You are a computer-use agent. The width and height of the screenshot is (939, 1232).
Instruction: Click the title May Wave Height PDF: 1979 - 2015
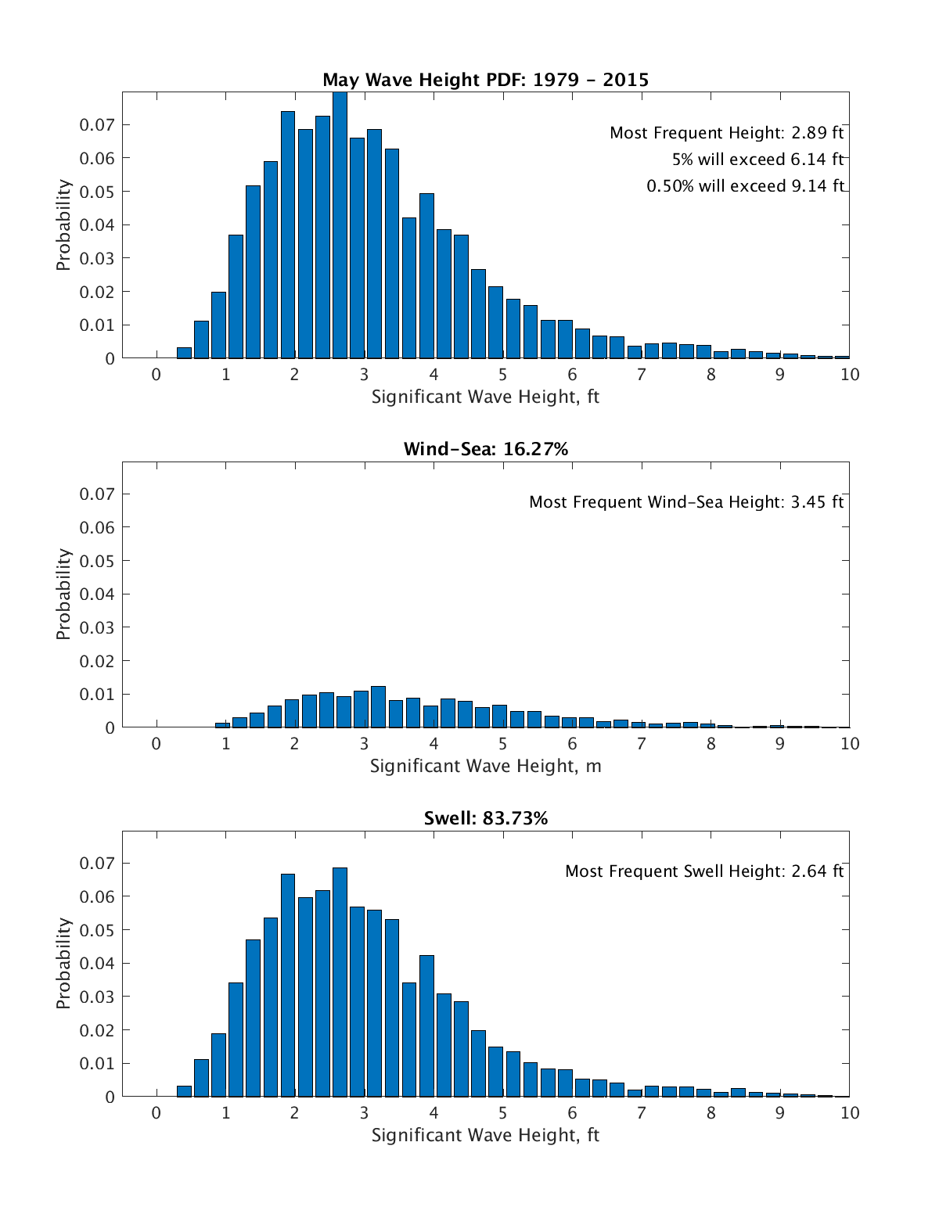click(485, 80)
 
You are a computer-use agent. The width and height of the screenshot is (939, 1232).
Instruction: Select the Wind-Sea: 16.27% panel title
click(485, 449)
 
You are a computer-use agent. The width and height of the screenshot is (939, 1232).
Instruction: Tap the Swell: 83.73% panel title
click(485, 818)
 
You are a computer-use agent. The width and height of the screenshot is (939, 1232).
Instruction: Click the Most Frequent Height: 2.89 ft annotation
click(726, 133)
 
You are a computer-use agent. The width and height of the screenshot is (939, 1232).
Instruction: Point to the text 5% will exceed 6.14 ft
click(757, 160)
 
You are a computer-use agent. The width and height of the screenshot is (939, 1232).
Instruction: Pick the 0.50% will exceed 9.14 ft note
click(745, 186)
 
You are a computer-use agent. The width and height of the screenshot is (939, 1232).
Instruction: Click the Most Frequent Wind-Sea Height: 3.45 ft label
click(686, 502)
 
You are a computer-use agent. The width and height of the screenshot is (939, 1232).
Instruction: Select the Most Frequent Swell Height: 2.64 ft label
click(704, 871)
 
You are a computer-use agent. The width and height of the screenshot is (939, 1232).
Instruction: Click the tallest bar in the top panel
click(340, 227)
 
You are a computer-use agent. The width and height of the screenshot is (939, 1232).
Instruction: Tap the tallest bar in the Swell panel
click(340, 982)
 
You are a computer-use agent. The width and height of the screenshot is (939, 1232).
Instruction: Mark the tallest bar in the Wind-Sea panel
click(378, 707)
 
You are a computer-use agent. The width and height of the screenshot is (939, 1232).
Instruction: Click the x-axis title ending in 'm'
click(485, 766)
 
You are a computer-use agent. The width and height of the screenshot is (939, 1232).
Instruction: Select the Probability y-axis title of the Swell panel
click(63, 964)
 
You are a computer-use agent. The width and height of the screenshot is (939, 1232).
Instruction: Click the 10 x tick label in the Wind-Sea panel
click(849, 744)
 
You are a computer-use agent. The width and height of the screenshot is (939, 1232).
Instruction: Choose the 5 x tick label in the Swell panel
click(502, 1113)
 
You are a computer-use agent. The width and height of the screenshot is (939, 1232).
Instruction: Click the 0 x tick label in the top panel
click(156, 375)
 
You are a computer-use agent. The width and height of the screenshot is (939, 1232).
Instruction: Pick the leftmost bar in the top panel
click(184, 353)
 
